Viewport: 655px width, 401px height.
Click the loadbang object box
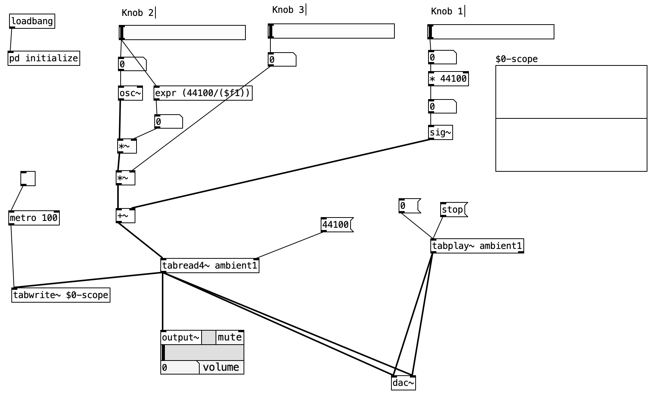[x=32, y=21]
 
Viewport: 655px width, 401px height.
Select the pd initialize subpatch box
[x=44, y=58]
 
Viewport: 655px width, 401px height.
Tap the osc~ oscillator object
[x=130, y=93]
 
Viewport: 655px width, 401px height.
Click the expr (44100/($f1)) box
[x=203, y=93]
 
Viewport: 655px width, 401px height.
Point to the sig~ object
[x=441, y=132]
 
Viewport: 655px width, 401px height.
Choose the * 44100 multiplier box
[x=449, y=79]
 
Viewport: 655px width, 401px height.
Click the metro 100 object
[x=34, y=218]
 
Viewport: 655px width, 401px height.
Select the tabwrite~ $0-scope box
[x=61, y=295]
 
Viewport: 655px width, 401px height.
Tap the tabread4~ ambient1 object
[x=210, y=266]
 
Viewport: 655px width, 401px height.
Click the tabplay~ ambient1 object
[x=477, y=246]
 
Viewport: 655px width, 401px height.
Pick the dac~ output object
[x=404, y=383]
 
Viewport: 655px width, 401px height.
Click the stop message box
[x=453, y=210]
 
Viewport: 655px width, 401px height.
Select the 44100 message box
[x=336, y=225]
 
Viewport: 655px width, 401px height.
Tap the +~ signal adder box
[x=126, y=216]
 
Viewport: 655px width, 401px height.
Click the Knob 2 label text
[x=138, y=13]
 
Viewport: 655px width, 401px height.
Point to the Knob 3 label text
[x=288, y=10]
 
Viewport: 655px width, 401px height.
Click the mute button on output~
[x=230, y=337]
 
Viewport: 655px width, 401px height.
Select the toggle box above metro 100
[x=28, y=179]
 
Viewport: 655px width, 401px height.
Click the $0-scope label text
[x=517, y=59]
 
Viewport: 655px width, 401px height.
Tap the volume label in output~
[x=221, y=367]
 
